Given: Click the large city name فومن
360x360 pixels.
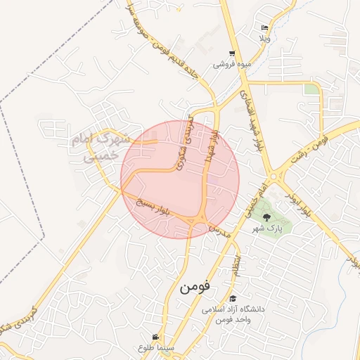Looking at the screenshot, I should [194, 287].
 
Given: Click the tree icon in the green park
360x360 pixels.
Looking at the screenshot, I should [266, 216].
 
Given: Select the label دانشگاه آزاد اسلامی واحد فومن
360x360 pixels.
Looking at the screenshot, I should [232, 314].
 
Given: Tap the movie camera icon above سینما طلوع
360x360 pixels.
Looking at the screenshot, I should [155, 337].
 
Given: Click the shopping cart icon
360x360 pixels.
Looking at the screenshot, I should [232, 53].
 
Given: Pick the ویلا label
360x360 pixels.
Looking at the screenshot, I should [264, 38].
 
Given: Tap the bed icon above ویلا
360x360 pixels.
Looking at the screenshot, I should [264, 27].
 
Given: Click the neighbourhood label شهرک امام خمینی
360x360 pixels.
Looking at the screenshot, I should [101, 148].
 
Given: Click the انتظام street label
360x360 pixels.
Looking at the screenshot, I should [237, 265].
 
